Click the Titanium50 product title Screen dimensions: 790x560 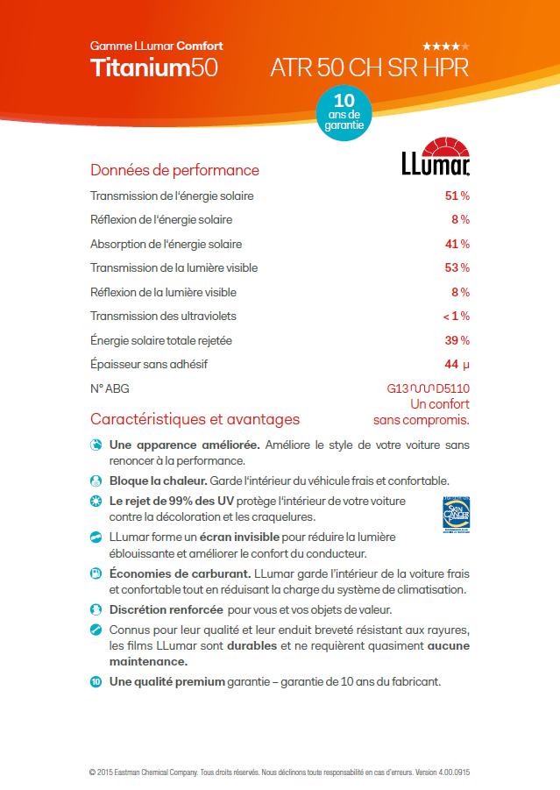(154, 68)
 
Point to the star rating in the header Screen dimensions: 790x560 (445, 46)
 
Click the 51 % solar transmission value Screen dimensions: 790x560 (457, 196)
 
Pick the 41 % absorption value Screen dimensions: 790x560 (457, 244)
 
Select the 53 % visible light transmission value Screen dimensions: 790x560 (457, 267)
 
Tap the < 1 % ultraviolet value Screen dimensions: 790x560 (456, 316)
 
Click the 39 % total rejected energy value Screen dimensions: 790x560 (457, 339)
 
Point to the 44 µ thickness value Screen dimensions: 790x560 (457, 364)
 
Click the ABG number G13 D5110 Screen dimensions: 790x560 (428, 388)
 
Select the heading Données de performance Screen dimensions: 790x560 (174, 170)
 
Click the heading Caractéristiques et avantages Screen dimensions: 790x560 (195, 419)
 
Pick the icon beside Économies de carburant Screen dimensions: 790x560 (96, 573)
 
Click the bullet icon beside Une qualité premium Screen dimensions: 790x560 (96, 680)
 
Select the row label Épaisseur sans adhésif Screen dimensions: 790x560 (149, 364)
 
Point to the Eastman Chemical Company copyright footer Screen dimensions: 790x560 (280, 772)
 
